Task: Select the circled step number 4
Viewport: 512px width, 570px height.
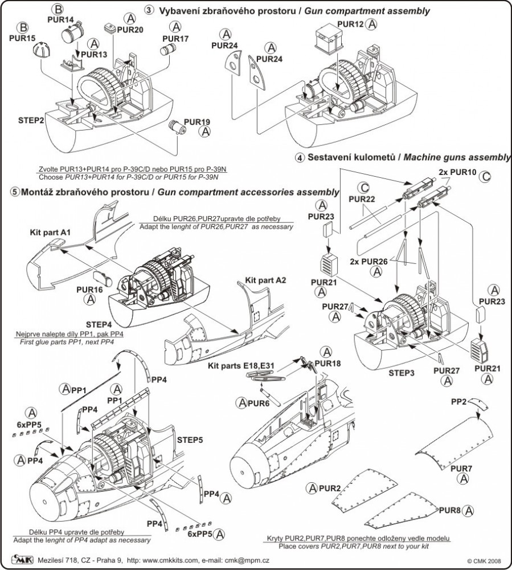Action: click(298, 158)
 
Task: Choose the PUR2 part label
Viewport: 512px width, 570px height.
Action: click(330, 488)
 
